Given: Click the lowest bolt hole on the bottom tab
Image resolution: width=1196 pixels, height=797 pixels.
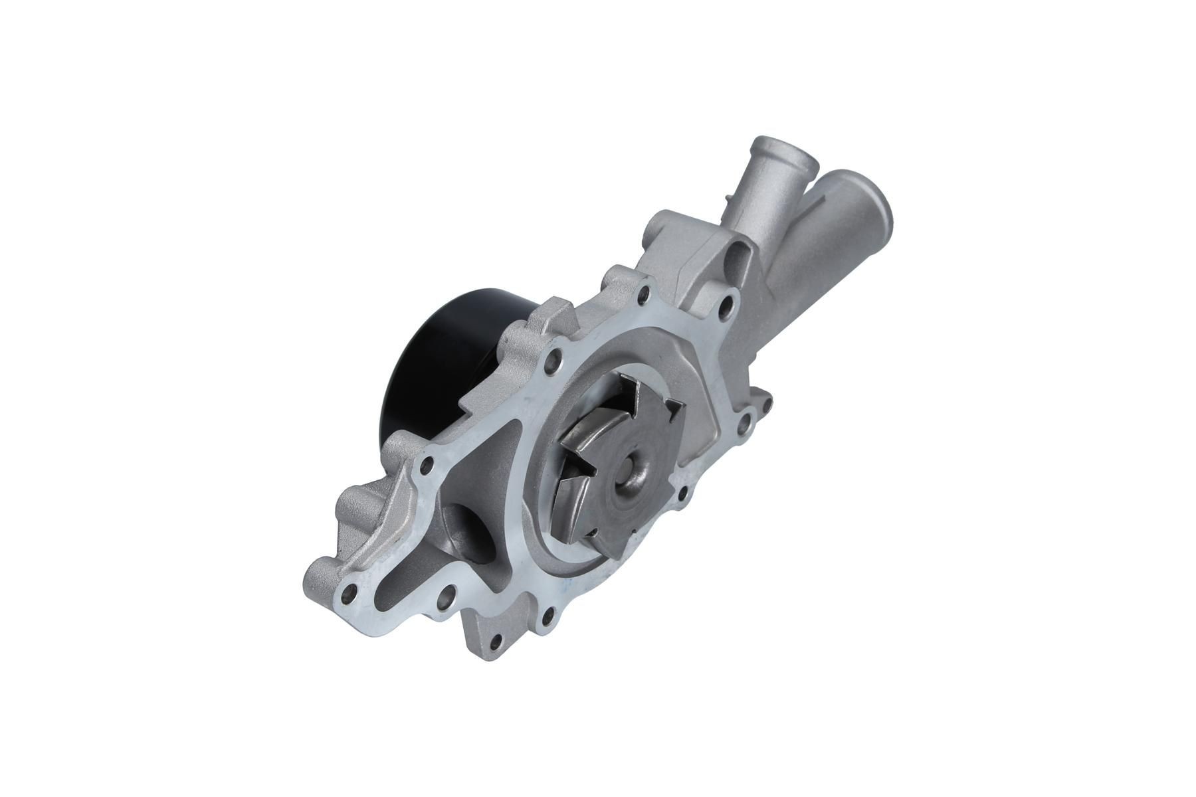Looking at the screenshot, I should (x=495, y=640).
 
